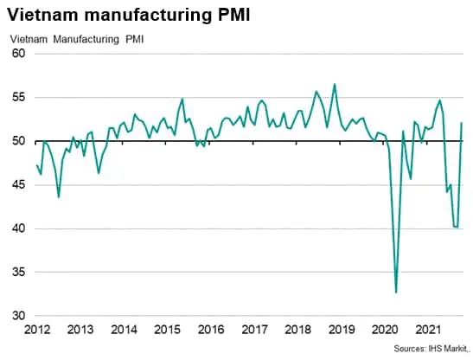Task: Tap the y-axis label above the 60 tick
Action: click(x=77, y=38)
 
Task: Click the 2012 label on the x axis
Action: click(x=36, y=330)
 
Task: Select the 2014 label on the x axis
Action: click(x=125, y=330)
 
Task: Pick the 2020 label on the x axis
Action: click(x=383, y=330)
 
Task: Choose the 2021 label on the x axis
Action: click(x=426, y=330)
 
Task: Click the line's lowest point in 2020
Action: click(x=396, y=292)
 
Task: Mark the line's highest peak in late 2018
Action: click(x=335, y=84)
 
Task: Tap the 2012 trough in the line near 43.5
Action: click(x=59, y=197)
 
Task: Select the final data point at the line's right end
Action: click(x=462, y=123)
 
